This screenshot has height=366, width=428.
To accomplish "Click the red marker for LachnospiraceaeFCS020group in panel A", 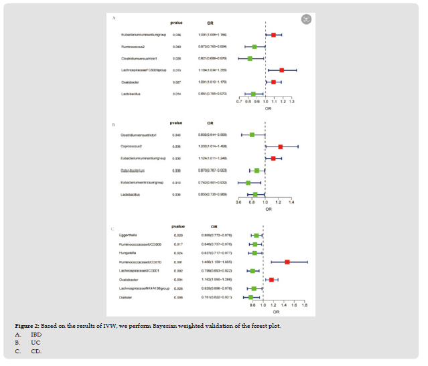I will [x=282, y=70].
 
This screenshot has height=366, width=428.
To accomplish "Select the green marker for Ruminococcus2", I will [x=255, y=47].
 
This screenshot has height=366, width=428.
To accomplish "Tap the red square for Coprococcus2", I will [x=280, y=147].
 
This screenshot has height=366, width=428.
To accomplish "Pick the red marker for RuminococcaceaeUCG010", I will [x=287, y=262].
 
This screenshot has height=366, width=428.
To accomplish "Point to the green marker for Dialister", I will [x=251, y=297].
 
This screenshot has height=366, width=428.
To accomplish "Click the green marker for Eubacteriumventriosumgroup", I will [x=248, y=182].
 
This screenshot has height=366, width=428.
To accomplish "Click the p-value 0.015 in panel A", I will [x=177, y=70].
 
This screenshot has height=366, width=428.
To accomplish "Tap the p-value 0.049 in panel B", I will [x=177, y=134].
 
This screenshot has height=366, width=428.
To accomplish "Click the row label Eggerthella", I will [x=127, y=236].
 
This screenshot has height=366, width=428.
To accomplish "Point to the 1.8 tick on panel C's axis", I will [x=304, y=305].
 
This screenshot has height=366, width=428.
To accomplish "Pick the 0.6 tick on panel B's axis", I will [x=239, y=201].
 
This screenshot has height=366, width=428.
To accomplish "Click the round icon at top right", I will [x=305, y=18].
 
